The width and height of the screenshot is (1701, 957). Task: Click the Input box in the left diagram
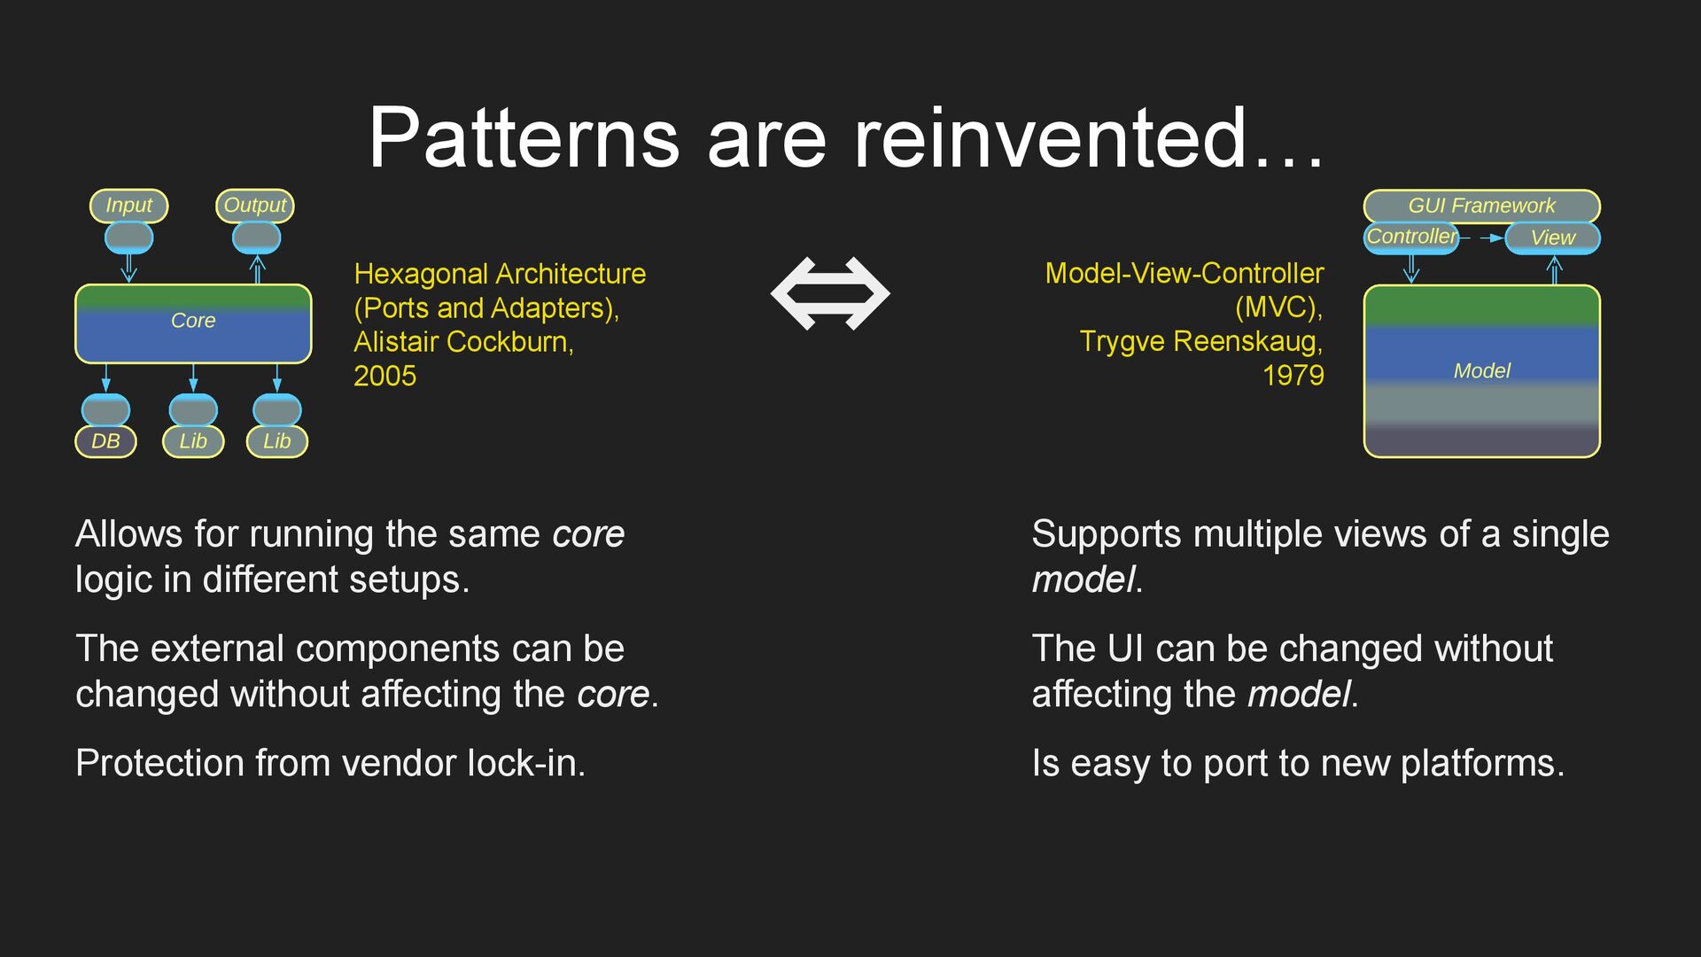(x=128, y=206)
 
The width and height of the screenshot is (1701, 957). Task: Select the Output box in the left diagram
(x=255, y=206)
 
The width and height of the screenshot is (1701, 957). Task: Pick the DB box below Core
(x=105, y=441)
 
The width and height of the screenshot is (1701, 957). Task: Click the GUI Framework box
(x=1481, y=206)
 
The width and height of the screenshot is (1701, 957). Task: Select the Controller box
(x=1410, y=237)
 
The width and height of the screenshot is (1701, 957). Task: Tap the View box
(x=1553, y=237)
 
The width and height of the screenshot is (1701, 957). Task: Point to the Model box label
(x=1481, y=371)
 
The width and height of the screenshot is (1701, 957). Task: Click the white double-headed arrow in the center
(x=830, y=293)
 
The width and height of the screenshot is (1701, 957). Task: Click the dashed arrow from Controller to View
(x=1482, y=237)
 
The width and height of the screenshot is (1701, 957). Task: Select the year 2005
(x=384, y=377)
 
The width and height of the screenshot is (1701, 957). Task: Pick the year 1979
(x=1293, y=376)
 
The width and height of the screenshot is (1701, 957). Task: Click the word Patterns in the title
(x=524, y=138)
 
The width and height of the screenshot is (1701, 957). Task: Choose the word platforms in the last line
(x=1481, y=764)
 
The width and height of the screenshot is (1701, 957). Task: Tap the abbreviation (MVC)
(x=1278, y=307)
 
